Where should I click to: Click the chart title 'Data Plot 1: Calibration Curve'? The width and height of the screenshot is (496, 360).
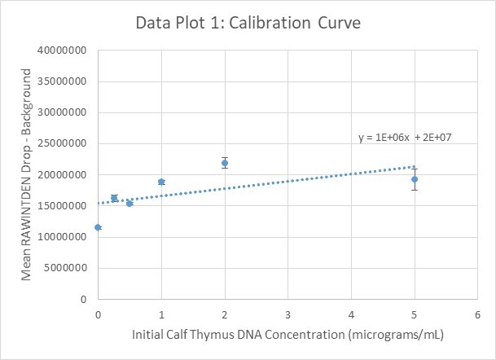point(248,23)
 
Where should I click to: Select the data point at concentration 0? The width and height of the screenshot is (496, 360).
point(98,227)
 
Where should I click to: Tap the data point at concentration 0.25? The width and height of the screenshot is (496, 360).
point(114,198)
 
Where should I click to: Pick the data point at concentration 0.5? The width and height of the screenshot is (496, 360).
point(129,203)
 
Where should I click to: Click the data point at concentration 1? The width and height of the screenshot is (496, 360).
point(161,182)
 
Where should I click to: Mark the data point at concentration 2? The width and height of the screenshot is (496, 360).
point(225,163)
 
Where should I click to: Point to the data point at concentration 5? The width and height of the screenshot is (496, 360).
point(415,179)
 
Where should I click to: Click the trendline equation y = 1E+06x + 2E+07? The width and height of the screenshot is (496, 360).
point(405,138)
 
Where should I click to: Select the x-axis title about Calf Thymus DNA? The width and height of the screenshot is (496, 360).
point(287,335)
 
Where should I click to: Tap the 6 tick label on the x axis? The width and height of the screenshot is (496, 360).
point(478,314)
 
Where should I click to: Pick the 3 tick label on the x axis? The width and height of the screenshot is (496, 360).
point(288,314)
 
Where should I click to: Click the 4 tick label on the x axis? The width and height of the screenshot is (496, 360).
point(351,314)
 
